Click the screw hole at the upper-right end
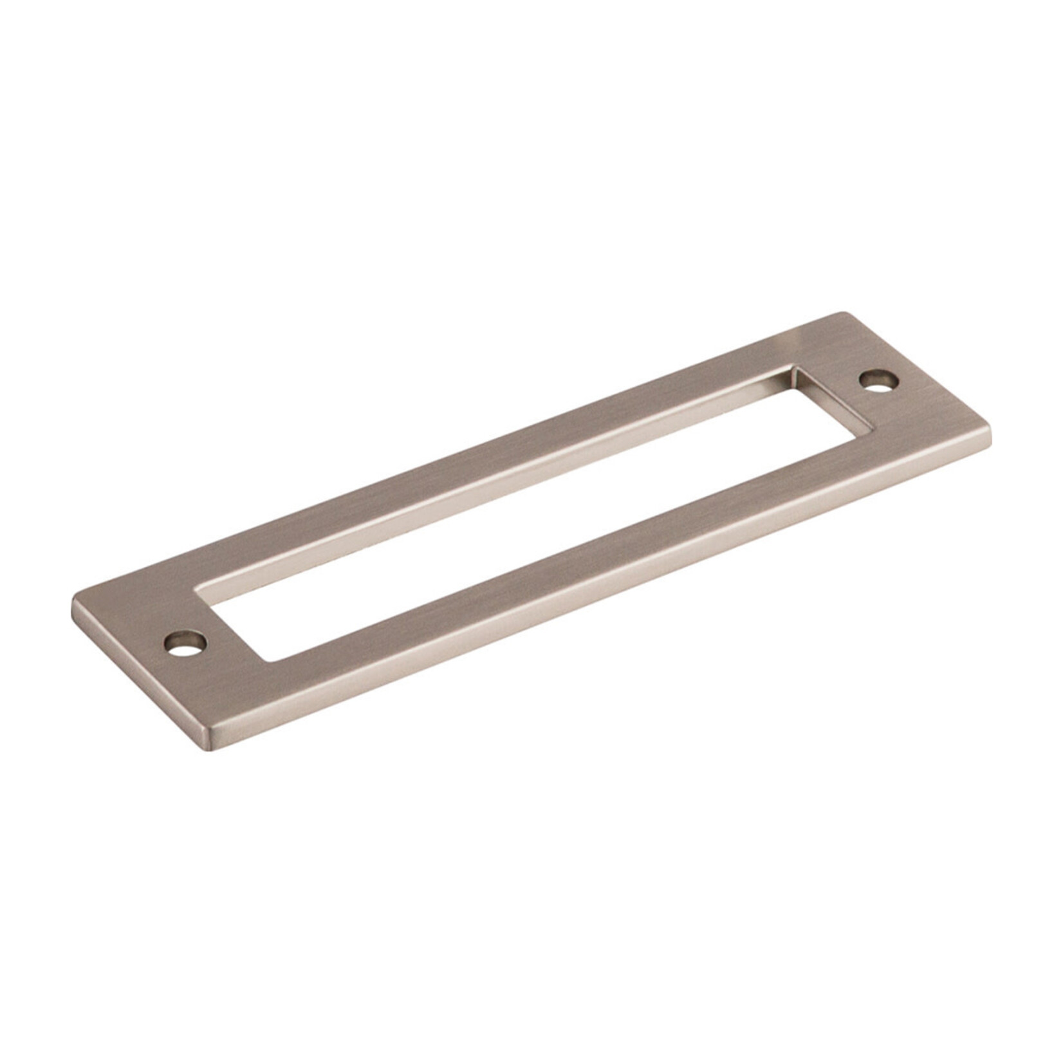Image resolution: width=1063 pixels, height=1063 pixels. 878,380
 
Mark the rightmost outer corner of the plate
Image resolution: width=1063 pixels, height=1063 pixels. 989,432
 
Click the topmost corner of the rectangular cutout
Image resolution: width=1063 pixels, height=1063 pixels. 793,367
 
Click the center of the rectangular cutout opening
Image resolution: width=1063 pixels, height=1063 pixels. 534,515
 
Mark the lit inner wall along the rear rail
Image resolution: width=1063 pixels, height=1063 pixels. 489,489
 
